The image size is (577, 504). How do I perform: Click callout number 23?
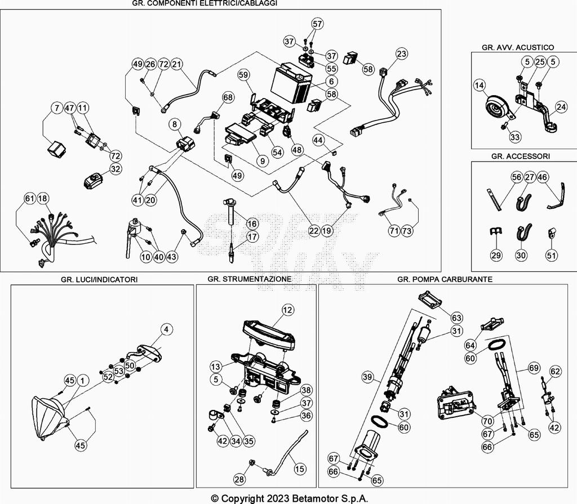click(x=401, y=54)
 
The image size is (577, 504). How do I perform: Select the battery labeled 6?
click(x=291, y=84)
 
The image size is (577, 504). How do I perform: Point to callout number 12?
click(x=288, y=310)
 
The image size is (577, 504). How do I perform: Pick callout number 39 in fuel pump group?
click(x=367, y=377)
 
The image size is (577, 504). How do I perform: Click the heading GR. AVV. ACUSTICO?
click(x=518, y=47)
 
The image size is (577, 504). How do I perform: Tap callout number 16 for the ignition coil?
click(x=251, y=224)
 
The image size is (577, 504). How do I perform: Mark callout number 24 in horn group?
click(x=561, y=106)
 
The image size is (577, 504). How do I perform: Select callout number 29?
click(x=495, y=255)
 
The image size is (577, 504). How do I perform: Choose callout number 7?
click(x=56, y=107)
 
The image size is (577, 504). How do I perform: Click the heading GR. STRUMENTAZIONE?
click(x=249, y=279)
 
